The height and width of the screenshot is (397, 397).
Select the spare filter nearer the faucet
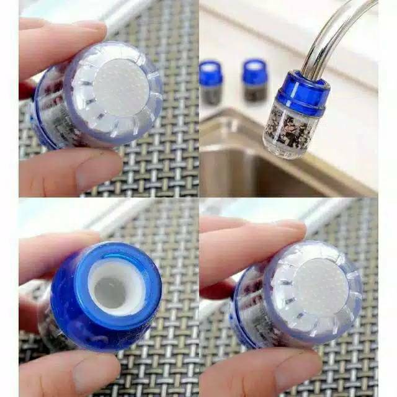click(x=254, y=80)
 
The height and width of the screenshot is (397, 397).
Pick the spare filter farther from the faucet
click(x=211, y=82)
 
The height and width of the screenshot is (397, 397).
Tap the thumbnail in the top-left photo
click(x=87, y=28)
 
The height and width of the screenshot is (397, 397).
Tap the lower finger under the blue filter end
click(x=68, y=372)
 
